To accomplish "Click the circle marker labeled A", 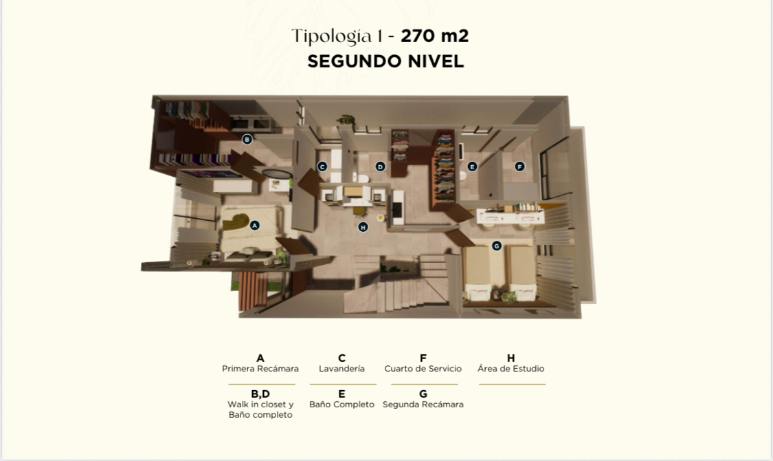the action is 254,226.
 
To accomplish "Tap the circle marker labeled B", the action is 247,139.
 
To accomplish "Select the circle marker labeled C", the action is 322,167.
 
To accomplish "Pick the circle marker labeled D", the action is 379,167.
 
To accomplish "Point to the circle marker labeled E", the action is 472,167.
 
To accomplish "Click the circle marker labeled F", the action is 519,167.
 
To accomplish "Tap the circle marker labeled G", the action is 496,246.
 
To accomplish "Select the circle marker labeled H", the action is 363,227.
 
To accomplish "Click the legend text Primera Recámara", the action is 260,369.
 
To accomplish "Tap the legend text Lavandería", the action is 341,369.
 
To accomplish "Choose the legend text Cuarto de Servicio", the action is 423,369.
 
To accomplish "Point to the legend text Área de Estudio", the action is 511,369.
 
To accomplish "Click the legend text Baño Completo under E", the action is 341,405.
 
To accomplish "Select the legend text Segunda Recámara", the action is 423,405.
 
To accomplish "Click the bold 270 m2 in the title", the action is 434,36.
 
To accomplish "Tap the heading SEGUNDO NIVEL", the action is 385,61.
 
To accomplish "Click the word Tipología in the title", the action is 332,36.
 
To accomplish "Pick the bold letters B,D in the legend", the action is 260,394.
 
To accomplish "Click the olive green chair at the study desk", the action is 359,211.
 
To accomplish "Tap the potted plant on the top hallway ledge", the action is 346,120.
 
